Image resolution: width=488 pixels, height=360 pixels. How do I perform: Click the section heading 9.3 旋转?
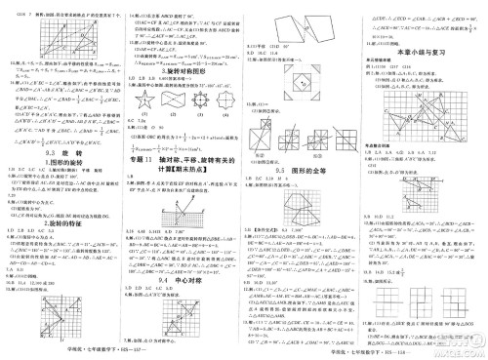point(61,153)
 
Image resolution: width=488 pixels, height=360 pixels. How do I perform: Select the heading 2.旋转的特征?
point(61,222)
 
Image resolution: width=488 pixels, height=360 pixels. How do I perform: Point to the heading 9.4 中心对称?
point(182,279)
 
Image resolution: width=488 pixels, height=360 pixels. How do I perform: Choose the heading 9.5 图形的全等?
point(305,168)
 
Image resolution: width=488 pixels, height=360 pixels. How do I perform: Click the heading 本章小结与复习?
point(427,45)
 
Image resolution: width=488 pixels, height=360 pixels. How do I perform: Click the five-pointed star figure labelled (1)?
point(144,100)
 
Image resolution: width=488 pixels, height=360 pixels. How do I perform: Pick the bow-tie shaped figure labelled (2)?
point(172,100)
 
